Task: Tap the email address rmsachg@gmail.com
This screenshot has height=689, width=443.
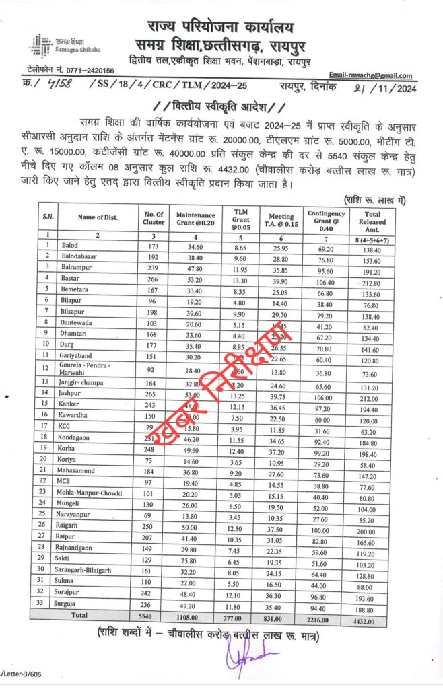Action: [370, 76]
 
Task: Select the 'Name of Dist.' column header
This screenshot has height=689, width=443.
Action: [98, 216]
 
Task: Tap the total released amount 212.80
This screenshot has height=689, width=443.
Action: [376, 278]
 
